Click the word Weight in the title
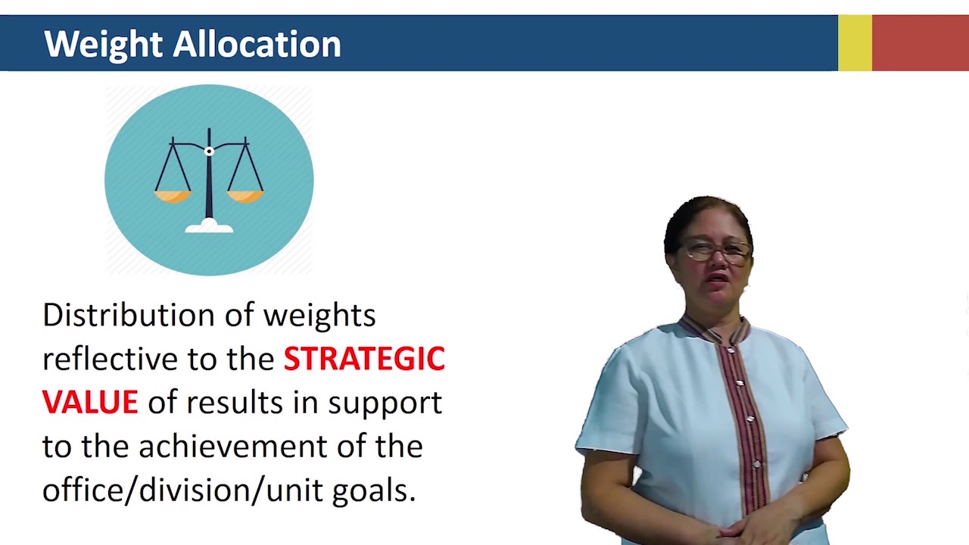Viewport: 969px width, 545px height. point(104,44)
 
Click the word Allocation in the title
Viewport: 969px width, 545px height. point(257,44)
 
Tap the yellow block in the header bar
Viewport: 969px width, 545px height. point(855,43)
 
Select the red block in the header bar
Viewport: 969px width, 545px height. point(921,43)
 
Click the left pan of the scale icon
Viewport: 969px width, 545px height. point(173,196)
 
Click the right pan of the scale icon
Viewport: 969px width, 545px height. point(245,196)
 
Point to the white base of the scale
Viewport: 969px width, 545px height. point(209,226)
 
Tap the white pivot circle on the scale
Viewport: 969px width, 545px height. point(209,151)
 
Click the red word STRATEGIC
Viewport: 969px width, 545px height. point(364,359)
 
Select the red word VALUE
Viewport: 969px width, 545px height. point(90,403)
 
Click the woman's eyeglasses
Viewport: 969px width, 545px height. point(715,251)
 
